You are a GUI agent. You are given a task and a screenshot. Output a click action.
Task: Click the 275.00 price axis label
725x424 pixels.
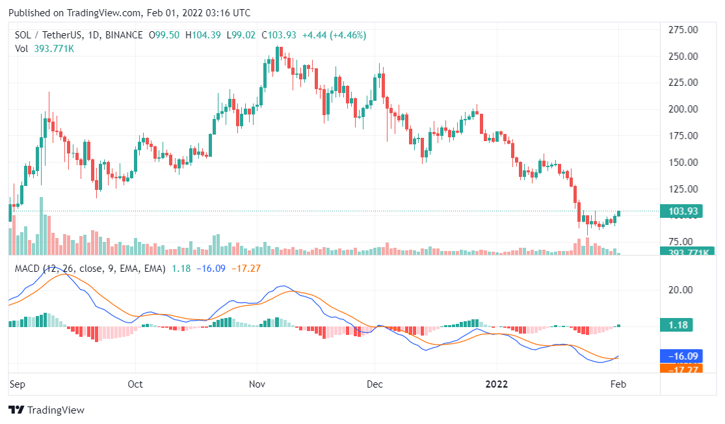point(683,30)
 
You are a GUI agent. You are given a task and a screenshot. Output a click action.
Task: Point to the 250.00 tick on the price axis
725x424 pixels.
point(683,57)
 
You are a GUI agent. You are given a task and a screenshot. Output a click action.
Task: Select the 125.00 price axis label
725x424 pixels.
point(683,189)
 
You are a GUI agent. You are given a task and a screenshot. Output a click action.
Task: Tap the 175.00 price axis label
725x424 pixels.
point(683,136)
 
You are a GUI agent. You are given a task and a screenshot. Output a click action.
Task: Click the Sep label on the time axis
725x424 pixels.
point(17,384)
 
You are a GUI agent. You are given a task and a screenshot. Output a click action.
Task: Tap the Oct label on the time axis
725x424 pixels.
point(135,384)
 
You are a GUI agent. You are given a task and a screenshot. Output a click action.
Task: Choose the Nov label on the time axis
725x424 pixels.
point(258,384)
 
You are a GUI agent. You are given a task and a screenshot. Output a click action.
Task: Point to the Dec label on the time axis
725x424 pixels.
point(375,384)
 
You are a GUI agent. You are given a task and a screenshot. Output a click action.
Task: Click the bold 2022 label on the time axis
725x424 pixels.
point(497,384)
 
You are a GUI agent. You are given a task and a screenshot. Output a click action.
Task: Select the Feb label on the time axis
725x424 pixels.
point(618,384)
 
